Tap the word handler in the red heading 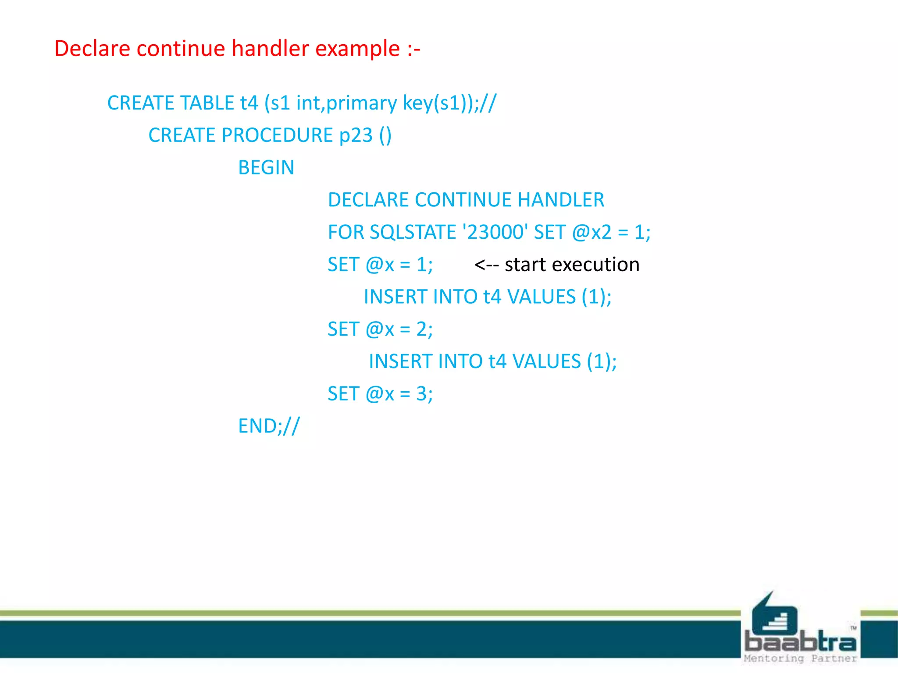(270, 49)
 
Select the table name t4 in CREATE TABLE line (249, 103)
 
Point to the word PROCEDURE (277, 135)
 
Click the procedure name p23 (356, 136)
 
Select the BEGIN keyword (266, 168)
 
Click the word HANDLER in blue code (561, 200)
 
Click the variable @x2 (592, 233)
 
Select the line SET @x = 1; (380, 265)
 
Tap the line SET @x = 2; (380, 329)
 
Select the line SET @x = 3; (380, 394)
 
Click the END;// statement (269, 426)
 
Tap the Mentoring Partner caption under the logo (800, 659)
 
